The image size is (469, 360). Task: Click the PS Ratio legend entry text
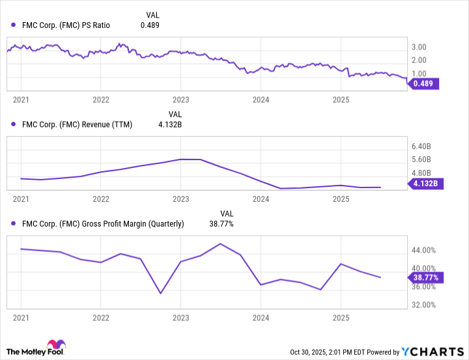tap(64, 25)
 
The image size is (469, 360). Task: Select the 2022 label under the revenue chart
tap(100, 199)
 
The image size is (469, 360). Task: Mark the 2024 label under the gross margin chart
tap(261, 317)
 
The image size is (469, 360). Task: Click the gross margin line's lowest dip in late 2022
tap(160, 293)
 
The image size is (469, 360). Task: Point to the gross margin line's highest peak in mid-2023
tap(220, 243)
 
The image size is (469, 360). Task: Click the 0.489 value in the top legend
tap(150, 25)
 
